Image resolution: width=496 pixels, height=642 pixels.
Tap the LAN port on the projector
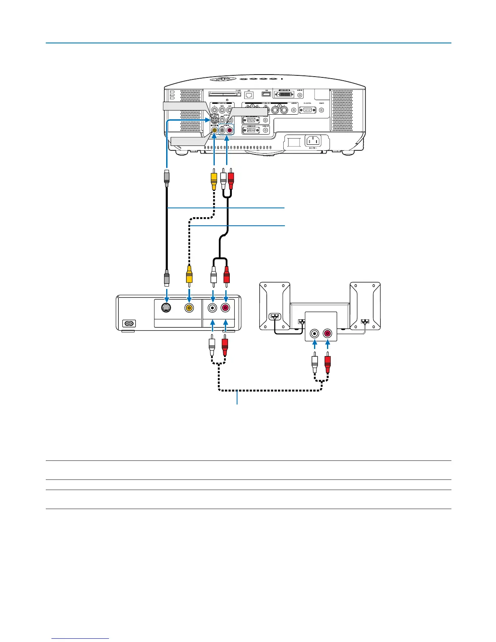tap(249, 95)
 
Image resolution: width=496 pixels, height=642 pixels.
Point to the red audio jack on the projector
tap(230, 131)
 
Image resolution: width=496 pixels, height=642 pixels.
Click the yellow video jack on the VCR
tap(189, 308)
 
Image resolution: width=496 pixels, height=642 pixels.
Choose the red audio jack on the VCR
tap(226, 308)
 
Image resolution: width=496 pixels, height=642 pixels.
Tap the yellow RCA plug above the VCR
tap(189, 274)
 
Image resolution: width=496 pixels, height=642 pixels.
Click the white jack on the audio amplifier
tap(314, 334)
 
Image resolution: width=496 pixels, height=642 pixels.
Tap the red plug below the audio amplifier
tap(327, 364)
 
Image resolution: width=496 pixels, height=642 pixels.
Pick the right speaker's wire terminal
tap(365, 322)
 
